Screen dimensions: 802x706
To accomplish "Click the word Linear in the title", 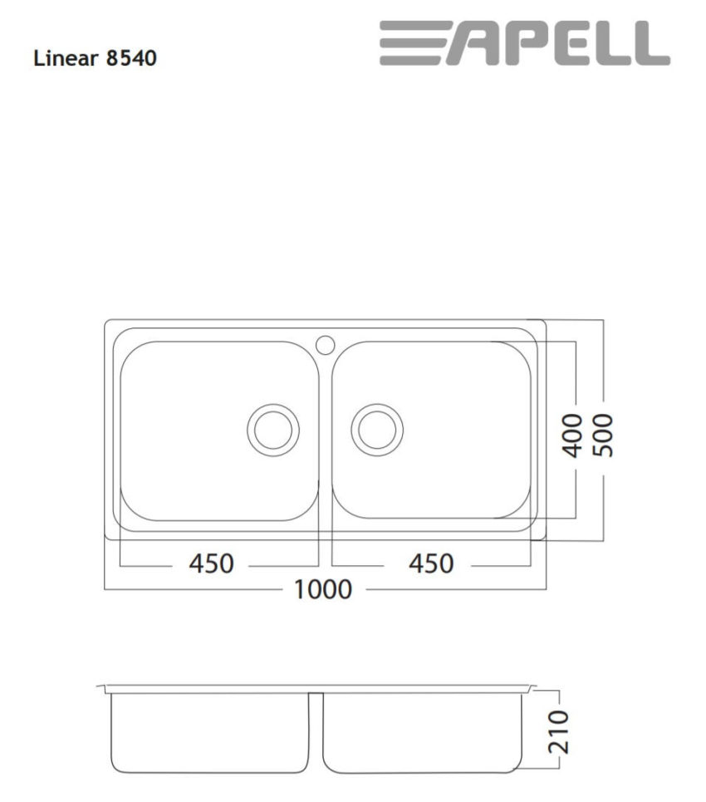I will [x=64, y=59].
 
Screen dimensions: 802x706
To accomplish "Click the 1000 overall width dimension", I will [x=323, y=589].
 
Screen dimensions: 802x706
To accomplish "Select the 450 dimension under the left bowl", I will [x=211, y=563].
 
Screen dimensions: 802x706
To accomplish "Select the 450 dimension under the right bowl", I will [x=431, y=563].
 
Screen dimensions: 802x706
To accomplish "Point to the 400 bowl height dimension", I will [x=572, y=431].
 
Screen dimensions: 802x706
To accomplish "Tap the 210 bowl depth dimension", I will [x=560, y=731].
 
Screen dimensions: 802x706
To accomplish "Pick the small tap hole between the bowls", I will [x=325, y=342].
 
